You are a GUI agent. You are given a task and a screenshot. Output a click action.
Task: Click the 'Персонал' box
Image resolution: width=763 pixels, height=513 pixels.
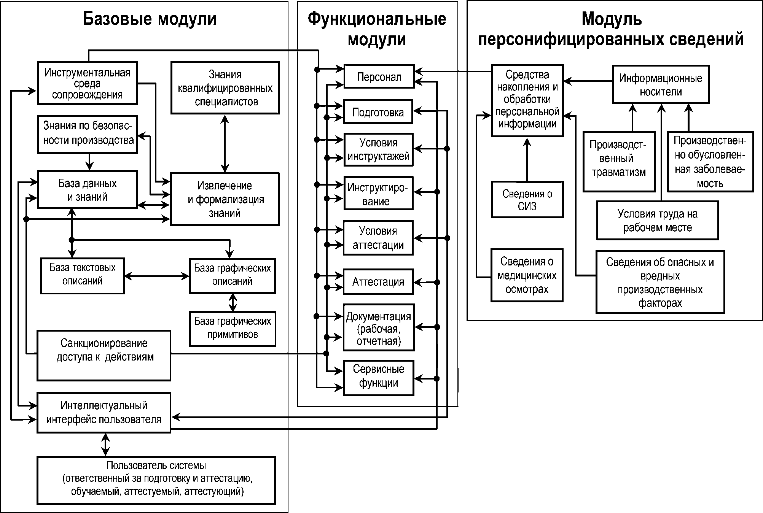(379, 76)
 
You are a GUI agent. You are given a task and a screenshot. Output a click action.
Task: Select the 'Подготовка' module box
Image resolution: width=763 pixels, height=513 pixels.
(378, 112)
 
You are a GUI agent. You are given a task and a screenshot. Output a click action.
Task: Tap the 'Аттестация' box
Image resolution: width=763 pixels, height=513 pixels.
(378, 282)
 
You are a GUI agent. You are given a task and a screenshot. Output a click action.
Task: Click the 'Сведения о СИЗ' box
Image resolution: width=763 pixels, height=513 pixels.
(527, 200)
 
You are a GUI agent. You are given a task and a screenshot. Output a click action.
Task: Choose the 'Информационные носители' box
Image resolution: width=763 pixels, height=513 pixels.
(661, 85)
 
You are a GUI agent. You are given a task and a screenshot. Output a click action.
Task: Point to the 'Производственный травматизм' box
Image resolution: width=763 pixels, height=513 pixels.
(619, 162)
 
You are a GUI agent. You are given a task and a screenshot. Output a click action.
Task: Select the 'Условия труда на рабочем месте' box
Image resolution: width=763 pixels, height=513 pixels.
(658, 221)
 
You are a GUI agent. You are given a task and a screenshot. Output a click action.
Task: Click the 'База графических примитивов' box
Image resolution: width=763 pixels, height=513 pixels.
(233, 329)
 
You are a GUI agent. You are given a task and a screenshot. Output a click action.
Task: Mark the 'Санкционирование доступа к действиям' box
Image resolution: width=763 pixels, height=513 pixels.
(104, 355)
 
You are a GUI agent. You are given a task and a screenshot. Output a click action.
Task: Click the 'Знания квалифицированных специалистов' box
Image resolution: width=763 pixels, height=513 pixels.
(225, 88)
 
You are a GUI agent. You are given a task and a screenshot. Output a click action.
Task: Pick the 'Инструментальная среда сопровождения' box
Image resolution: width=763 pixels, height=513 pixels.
(87, 83)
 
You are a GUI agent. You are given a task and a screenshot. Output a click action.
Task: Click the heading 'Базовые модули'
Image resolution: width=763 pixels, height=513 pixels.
(150, 19)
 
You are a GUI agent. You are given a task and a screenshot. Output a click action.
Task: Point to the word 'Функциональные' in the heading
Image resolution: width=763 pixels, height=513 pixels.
(377, 19)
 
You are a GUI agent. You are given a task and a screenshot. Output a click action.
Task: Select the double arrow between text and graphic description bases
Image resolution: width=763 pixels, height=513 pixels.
(157, 276)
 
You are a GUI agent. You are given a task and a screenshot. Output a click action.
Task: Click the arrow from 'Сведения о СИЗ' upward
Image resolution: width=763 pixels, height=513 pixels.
(527, 159)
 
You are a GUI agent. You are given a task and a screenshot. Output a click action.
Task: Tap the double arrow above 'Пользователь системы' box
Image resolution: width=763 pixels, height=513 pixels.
(105, 445)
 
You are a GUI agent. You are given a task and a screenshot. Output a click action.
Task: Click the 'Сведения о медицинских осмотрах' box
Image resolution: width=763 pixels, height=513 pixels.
(527, 275)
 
